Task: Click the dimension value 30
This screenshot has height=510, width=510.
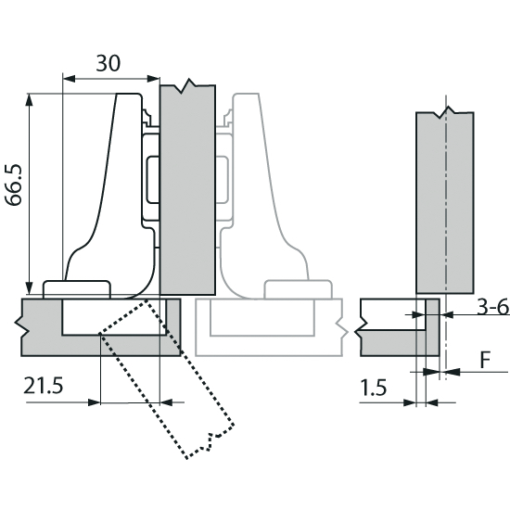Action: click(108, 63)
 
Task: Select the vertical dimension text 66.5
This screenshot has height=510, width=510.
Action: click(14, 185)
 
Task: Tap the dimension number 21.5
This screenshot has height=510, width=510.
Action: click(44, 386)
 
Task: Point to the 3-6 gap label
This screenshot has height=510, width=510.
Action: click(492, 307)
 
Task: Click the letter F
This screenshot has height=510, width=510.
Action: click(485, 360)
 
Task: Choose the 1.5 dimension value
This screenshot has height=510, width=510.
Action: click(374, 388)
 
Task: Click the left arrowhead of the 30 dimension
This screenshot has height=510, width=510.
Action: click(69, 79)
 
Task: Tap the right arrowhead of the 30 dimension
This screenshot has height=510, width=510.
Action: click(153, 79)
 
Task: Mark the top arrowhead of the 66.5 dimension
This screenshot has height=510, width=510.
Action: click(30, 100)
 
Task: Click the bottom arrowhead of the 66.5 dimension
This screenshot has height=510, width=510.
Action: click(30, 288)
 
